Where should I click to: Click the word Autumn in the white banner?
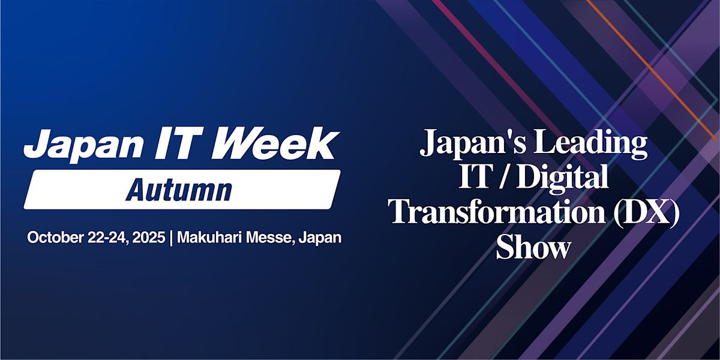click(x=179, y=190)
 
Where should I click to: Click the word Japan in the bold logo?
click(x=83, y=146)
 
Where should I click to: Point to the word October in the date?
click(x=56, y=238)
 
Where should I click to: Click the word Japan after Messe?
click(x=320, y=238)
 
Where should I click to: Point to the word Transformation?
click(x=497, y=211)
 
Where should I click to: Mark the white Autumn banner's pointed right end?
click(x=340, y=172)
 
